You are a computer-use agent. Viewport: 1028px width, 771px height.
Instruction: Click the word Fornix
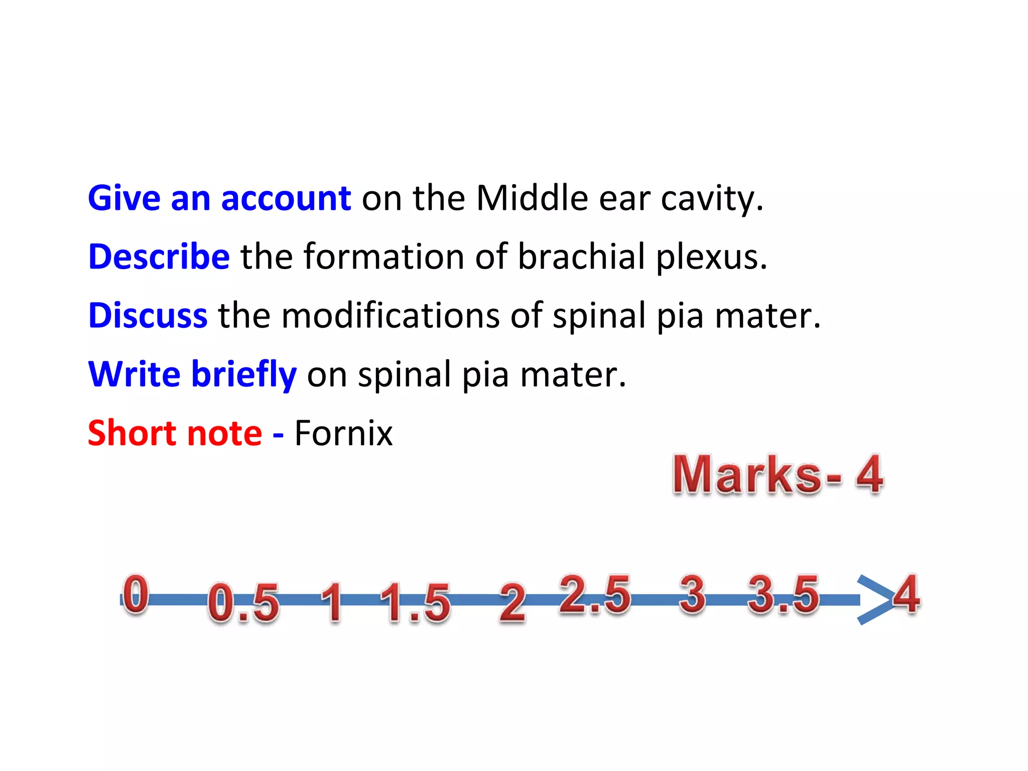pyautogui.click(x=343, y=433)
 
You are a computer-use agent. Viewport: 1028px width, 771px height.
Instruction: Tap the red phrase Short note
pyautogui.click(x=175, y=433)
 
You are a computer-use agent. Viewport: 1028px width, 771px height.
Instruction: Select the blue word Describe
pyautogui.click(x=159, y=256)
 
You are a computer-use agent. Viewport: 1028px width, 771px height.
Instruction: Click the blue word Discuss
pyautogui.click(x=148, y=316)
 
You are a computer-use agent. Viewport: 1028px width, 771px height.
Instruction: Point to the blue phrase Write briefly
pyautogui.click(x=192, y=374)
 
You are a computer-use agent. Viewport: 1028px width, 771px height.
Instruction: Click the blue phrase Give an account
pyautogui.click(x=219, y=198)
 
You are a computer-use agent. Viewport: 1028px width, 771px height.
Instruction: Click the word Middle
pyautogui.click(x=532, y=198)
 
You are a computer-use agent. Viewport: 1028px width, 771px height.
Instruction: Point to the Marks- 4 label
pyautogui.click(x=778, y=475)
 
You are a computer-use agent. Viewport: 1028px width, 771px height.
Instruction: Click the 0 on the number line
pyautogui.click(x=136, y=594)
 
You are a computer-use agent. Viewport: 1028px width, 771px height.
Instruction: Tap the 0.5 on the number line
pyautogui.click(x=243, y=602)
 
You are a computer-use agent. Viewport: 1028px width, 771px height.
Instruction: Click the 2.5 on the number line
pyautogui.click(x=595, y=594)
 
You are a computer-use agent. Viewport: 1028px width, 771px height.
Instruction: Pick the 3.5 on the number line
pyautogui.click(x=783, y=595)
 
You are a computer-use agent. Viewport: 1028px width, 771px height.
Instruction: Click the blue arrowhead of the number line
pyautogui.click(x=873, y=600)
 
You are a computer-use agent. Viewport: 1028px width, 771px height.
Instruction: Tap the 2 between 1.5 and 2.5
pyautogui.click(x=512, y=602)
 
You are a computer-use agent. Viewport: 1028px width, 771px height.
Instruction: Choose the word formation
pyautogui.click(x=383, y=256)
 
